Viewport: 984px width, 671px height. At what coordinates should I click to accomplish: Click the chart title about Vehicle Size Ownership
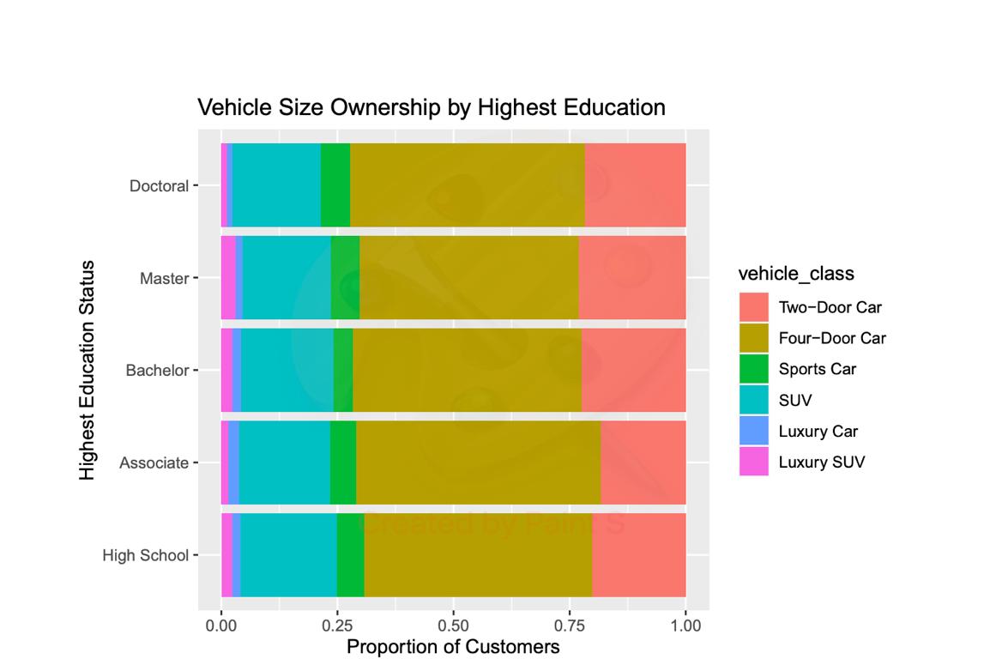click(431, 108)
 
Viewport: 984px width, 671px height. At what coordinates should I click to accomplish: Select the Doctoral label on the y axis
click(159, 186)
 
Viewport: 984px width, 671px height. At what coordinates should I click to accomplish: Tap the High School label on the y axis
click(145, 556)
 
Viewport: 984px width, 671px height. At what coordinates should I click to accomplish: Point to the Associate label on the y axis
click(154, 463)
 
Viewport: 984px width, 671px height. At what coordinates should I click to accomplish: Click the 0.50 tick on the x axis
click(453, 626)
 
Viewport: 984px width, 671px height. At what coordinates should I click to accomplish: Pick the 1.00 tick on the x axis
click(685, 626)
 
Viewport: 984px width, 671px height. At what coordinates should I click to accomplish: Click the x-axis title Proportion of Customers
click(453, 647)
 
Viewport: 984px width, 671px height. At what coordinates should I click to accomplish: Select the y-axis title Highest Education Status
click(87, 371)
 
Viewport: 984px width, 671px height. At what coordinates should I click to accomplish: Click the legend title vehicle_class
click(796, 274)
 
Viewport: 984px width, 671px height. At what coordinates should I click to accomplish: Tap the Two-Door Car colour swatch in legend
click(754, 307)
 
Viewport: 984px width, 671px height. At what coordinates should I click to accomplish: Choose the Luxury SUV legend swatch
click(754, 462)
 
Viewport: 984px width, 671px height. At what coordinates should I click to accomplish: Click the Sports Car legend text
click(817, 370)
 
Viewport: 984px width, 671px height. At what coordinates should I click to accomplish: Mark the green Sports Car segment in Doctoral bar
click(335, 185)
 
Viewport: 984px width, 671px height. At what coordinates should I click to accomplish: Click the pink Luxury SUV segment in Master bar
click(228, 278)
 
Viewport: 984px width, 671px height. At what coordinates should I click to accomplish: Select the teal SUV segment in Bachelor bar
click(287, 371)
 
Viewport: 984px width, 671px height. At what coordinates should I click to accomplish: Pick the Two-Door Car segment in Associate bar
click(643, 462)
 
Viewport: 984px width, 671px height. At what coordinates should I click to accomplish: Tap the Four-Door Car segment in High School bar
click(478, 555)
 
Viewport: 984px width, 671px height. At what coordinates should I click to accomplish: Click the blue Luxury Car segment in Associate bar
click(233, 462)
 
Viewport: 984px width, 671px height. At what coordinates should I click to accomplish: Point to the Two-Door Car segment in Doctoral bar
click(635, 185)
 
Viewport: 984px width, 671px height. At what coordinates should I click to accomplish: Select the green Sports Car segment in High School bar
click(350, 555)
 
